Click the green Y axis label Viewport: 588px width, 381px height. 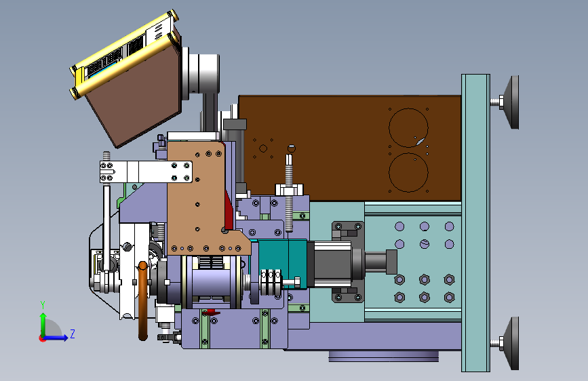43,305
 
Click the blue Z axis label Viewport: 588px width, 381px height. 73,334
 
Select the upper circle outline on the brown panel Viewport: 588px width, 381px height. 408,108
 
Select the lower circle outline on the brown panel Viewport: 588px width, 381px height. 408,153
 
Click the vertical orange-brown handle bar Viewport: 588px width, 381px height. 142,301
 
